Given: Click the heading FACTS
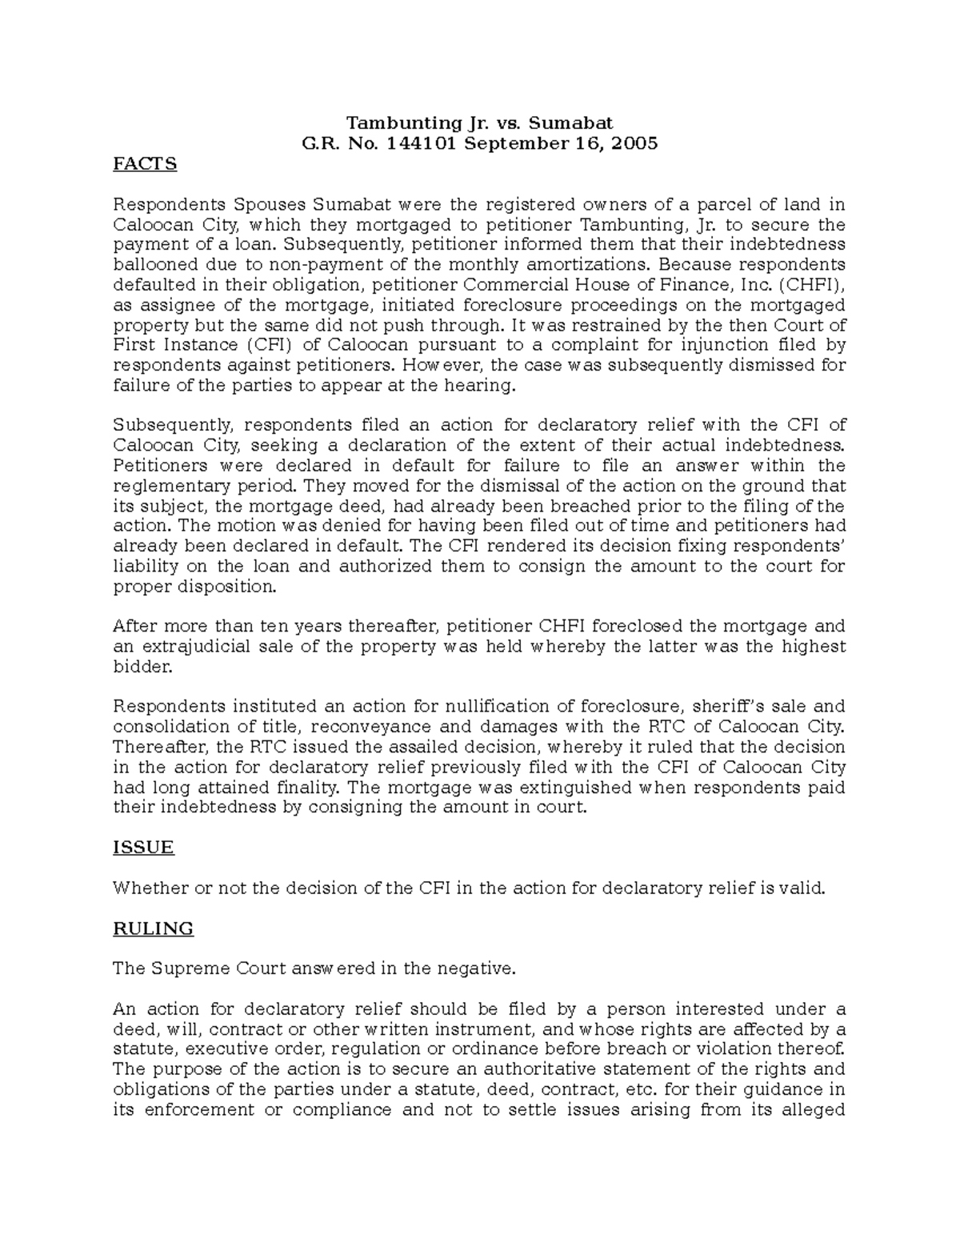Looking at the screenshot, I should (x=145, y=164).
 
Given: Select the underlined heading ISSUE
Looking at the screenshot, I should (x=143, y=848).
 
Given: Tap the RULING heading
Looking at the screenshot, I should (x=153, y=928).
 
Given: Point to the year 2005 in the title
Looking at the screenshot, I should (x=635, y=144).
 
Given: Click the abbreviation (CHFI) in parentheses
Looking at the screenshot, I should (x=811, y=285).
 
